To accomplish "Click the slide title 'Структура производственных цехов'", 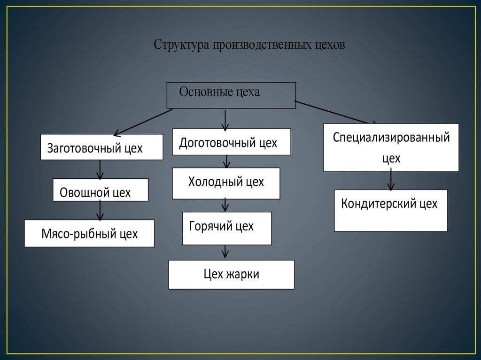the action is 249,45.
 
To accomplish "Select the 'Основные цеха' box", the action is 232,95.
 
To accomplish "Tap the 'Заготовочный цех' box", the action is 101,147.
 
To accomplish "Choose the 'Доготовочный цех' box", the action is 232,142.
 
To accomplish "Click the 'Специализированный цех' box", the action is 391,147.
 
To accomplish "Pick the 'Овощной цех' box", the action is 101,190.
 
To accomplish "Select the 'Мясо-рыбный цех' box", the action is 89,233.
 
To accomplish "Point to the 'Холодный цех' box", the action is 226,183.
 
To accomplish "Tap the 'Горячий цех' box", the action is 227,228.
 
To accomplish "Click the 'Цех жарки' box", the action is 231,275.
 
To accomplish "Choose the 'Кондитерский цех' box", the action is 391,210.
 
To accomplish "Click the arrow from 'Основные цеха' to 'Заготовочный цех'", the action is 143,122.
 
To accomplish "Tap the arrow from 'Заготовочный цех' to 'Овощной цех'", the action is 100,169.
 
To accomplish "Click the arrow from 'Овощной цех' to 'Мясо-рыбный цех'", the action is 100,210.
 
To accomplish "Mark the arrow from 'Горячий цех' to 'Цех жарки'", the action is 225,252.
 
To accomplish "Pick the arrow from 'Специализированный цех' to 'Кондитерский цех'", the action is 391,180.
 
